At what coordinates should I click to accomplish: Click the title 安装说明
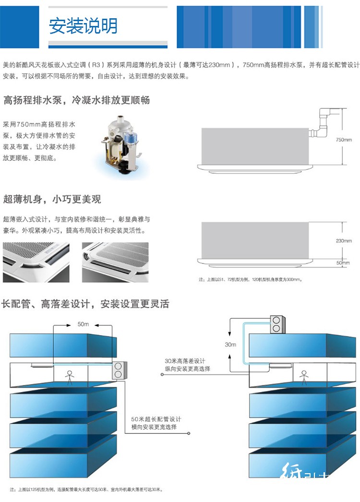pyautogui.click(x=83, y=26)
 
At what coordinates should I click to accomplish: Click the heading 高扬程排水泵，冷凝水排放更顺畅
pyautogui.click(x=77, y=100)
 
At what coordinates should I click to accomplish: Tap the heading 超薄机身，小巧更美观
pyautogui.click(x=52, y=199)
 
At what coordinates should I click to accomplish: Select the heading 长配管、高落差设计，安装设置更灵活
pyautogui.click(x=85, y=304)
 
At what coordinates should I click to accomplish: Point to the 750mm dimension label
pyautogui.click(x=344, y=140)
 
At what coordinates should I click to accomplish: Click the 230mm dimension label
pyautogui.click(x=344, y=241)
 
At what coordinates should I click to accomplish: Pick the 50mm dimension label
pyautogui.click(x=343, y=263)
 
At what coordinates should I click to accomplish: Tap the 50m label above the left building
pyautogui.click(x=83, y=324)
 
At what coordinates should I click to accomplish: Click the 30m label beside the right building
pyautogui.click(x=230, y=345)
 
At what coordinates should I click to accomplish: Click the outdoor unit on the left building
pyautogui.click(x=118, y=370)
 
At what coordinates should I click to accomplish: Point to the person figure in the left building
pyautogui.click(x=69, y=377)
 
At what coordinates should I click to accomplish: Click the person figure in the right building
pyautogui.click(x=303, y=377)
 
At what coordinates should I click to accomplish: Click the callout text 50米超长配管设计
pyautogui.click(x=156, y=419)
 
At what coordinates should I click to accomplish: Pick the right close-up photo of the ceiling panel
pyautogui.click(x=115, y=262)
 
